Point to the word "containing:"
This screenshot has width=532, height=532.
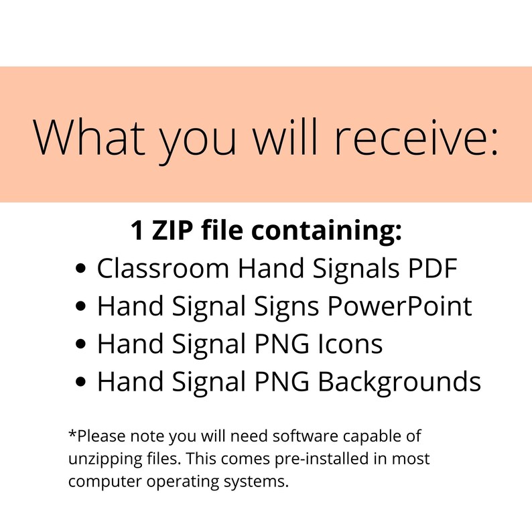[327, 231]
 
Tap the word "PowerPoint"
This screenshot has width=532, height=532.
[401, 307]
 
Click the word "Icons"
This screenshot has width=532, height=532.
[348, 344]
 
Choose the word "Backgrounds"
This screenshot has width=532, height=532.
[399, 382]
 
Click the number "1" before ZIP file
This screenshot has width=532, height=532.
[137, 231]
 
